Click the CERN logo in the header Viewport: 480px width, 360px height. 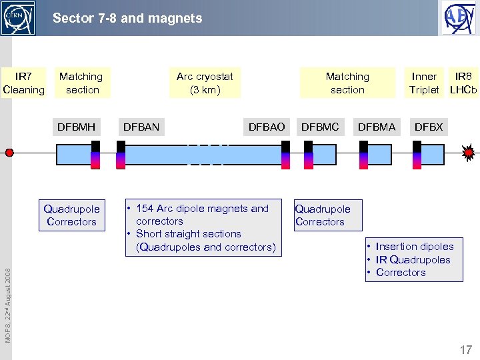point(18,18)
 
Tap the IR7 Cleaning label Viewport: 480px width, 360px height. point(24,83)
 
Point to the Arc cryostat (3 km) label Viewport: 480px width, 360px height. point(205,83)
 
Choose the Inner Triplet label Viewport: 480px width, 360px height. point(424,83)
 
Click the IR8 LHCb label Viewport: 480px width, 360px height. point(463,83)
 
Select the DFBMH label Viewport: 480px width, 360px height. point(76,127)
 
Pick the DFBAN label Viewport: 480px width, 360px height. point(141,127)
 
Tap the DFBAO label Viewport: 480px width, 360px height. point(266,127)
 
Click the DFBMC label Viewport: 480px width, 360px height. point(320,127)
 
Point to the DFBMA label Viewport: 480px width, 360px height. point(377,127)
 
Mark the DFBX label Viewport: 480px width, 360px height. point(428,127)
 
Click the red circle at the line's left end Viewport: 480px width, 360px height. point(9,153)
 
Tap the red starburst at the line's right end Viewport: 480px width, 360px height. point(469,153)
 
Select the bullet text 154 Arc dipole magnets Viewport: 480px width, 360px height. point(202,209)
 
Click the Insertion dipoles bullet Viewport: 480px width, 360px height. point(414,247)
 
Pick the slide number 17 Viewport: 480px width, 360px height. point(465,349)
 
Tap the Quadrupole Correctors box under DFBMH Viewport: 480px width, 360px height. point(71,215)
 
